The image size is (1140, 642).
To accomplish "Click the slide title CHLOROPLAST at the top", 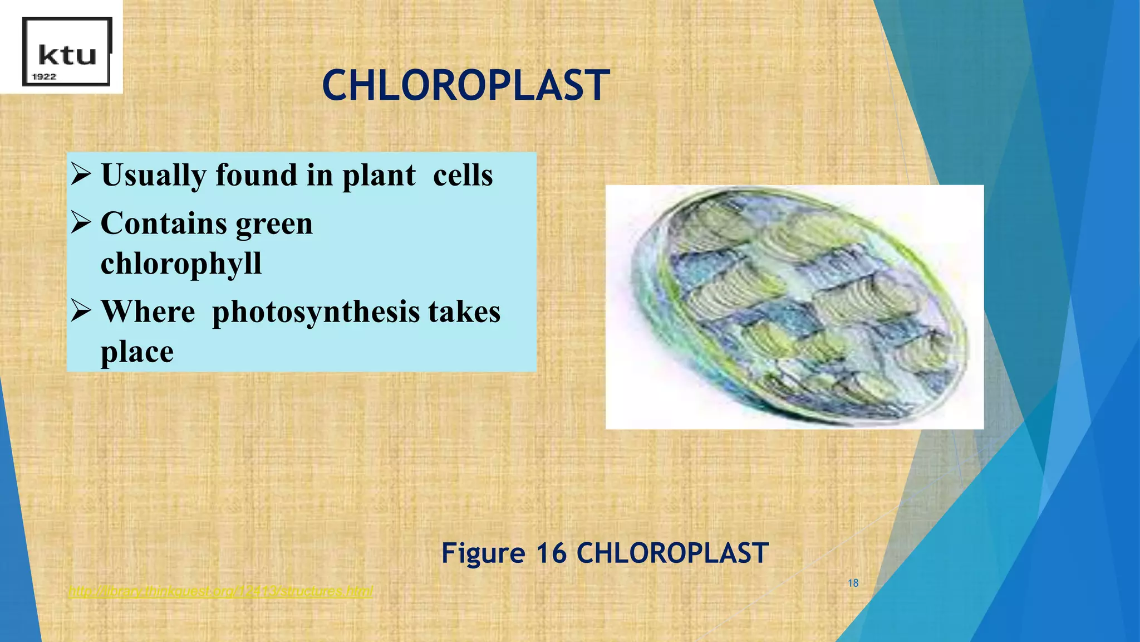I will (x=465, y=86).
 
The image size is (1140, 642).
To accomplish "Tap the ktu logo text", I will (x=67, y=55).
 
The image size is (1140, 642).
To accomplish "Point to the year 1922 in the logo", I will (x=44, y=77).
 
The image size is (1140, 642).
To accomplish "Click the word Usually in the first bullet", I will (x=153, y=176).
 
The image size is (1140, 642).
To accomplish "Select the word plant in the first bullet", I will (x=379, y=176).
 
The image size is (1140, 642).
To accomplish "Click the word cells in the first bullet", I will (x=463, y=176).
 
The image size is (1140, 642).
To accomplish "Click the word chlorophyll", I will (x=181, y=264).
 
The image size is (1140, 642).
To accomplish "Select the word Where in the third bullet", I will (x=148, y=312).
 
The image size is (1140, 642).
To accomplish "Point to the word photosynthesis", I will (x=316, y=313).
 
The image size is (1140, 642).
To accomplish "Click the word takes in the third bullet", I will (x=464, y=312).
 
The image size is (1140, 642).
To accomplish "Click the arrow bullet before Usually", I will (x=81, y=174).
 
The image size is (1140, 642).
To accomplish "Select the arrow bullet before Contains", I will (x=81, y=222).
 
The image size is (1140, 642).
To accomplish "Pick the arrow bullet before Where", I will (x=81, y=311).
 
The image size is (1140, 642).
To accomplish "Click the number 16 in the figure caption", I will (x=551, y=553).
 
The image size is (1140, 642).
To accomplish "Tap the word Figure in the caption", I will (x=483, y=553).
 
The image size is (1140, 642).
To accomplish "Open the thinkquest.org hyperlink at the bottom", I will (x=220, y=591).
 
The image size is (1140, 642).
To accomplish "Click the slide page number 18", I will (x=853, y=583).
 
